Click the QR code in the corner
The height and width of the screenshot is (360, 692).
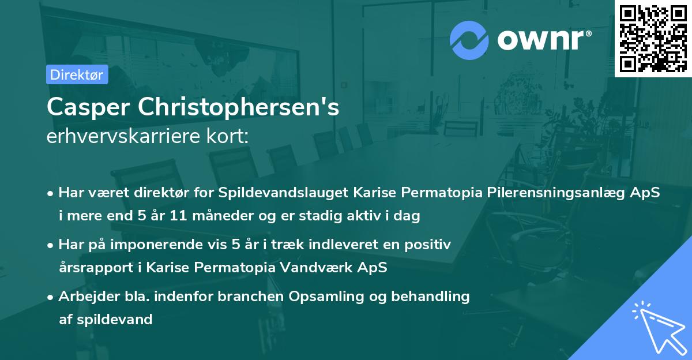pos(653,39)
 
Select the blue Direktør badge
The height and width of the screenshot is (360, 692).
pos(77,74)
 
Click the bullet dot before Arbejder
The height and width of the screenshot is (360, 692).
pos(51,297)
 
